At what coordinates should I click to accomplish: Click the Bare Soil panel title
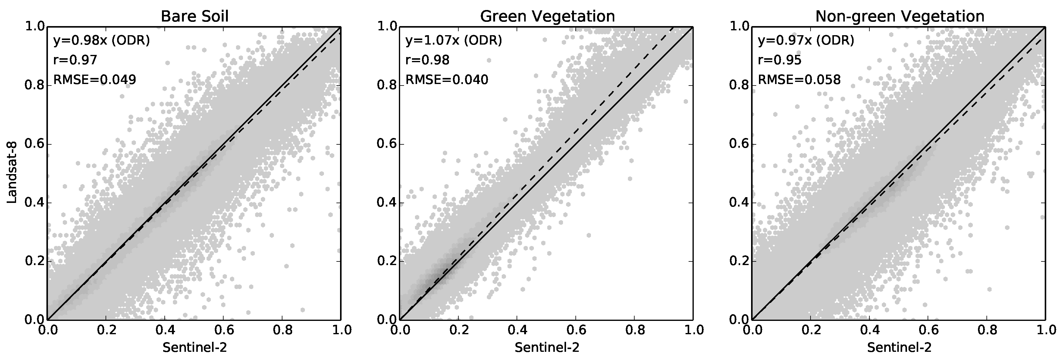194,16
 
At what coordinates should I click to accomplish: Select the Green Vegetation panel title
547,16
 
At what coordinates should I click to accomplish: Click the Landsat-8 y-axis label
12,173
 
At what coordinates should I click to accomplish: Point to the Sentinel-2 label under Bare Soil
194,348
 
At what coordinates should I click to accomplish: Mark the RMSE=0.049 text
95,79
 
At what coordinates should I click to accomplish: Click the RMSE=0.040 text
447,79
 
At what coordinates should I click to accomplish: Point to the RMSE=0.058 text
799,79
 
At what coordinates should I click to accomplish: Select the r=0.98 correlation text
427,60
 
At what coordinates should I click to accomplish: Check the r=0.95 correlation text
780,60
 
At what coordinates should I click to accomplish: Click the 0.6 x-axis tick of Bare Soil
223,330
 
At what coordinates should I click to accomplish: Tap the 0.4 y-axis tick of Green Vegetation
386,203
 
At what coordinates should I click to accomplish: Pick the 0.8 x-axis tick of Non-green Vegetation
986,330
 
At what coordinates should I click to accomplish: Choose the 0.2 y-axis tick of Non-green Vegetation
739,261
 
